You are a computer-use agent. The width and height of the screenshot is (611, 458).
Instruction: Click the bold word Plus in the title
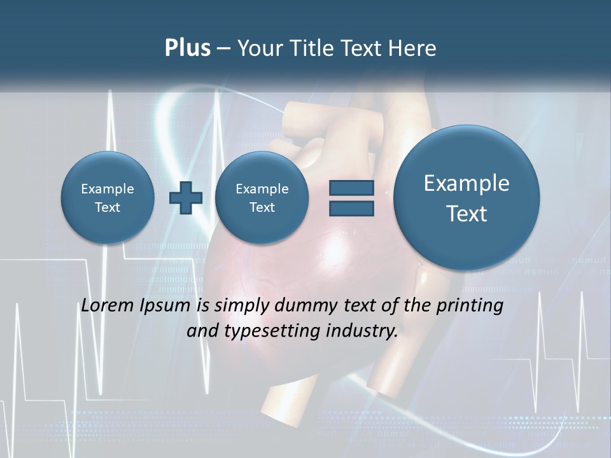pos(187,48)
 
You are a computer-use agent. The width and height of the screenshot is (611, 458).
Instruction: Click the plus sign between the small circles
pos(186,198)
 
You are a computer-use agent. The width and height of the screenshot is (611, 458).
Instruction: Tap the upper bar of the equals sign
pos(351,188)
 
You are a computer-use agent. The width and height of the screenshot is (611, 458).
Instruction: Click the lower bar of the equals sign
pos(351,208)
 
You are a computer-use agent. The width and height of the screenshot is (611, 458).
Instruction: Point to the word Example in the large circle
pos(467,183)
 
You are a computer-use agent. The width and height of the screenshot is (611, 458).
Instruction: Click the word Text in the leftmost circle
pos(108,207)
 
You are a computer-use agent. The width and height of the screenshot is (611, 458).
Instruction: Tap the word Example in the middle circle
pos(262,189)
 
